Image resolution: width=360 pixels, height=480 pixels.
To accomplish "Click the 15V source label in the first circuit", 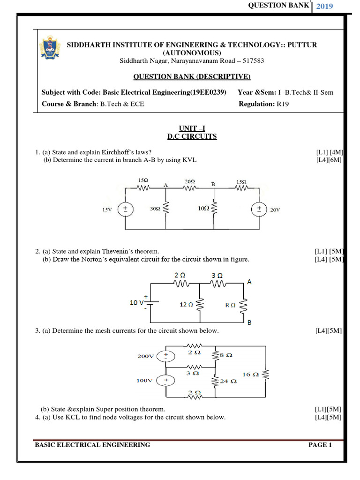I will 107,210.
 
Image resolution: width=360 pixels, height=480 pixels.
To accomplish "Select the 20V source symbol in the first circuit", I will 259,210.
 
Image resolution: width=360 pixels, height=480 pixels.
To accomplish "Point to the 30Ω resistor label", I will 155,210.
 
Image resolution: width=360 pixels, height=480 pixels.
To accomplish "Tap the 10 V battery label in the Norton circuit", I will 137,303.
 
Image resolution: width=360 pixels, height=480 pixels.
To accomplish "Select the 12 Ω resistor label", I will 187,304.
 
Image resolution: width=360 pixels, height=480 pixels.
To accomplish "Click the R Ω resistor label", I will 230,304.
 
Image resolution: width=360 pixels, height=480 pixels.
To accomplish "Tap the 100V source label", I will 145,381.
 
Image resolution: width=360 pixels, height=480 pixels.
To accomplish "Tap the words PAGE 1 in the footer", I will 320,445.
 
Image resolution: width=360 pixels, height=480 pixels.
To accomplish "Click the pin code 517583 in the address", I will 240,61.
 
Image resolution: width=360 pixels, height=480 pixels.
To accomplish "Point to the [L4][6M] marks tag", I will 329,160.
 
